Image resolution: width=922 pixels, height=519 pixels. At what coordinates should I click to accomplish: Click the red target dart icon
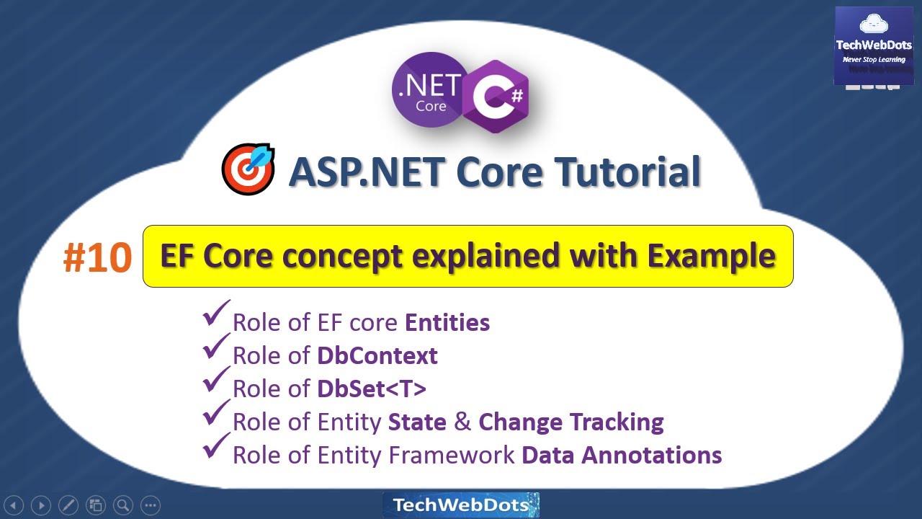coord(247,169)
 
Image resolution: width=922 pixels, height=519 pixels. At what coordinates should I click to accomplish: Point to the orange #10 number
coord(97,258)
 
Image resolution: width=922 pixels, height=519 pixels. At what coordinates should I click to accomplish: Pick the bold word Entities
coord(447,322)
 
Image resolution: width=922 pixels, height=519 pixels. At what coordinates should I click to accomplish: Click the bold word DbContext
coord(377,355)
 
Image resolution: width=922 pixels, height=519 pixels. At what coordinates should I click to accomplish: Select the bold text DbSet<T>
coord(372,389)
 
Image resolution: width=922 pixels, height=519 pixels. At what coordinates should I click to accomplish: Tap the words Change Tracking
coord(570,422)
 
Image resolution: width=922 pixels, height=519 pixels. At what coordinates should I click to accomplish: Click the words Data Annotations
coord(621,455)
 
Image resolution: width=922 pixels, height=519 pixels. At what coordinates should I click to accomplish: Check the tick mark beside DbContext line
coord(215,348)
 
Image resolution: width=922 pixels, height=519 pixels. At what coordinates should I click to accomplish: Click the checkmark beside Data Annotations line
coord(215,448)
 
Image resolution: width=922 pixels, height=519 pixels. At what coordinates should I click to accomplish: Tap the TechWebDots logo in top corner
coord(874,46)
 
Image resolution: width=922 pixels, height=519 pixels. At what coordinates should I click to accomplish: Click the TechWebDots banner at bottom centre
coord(460,505)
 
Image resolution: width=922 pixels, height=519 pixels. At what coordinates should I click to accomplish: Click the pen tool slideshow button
coord(68,505)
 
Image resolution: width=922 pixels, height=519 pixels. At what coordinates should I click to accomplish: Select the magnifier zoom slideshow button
coord(123,505)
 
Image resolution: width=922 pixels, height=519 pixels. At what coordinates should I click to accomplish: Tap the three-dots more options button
coord(150,505)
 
